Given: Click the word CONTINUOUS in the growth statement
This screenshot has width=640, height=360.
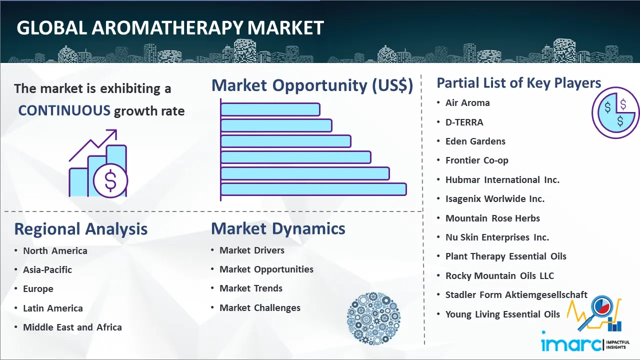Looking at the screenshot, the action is point(64,110).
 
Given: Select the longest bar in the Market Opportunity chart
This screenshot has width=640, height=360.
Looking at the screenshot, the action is point(313,189).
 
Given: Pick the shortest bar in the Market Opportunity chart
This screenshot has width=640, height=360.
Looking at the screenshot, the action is point(270,109).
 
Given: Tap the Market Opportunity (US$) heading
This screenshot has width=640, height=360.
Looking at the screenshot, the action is point(312,85).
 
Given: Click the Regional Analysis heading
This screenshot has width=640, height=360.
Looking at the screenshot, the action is point(81,229).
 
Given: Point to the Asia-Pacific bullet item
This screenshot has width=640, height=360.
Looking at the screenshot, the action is point(47,269).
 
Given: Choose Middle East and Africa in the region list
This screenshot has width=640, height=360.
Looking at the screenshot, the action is point(72,327).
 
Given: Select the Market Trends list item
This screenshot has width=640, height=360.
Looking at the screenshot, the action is point(251,288).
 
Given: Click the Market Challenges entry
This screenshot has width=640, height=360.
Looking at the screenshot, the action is point(259,307).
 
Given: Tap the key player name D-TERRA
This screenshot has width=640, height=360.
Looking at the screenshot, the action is point(464,122).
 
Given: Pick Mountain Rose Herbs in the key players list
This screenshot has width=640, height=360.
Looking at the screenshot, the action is point(492,218).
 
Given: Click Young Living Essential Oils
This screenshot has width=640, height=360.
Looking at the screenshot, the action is point(502,314).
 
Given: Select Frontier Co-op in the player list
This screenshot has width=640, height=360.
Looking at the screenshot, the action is point(477,160).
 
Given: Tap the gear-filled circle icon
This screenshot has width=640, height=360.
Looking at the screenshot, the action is point(373,318).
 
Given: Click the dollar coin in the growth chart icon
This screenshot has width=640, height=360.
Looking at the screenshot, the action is point(110,181).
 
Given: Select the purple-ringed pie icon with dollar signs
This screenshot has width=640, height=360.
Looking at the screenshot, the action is point(615,113).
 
